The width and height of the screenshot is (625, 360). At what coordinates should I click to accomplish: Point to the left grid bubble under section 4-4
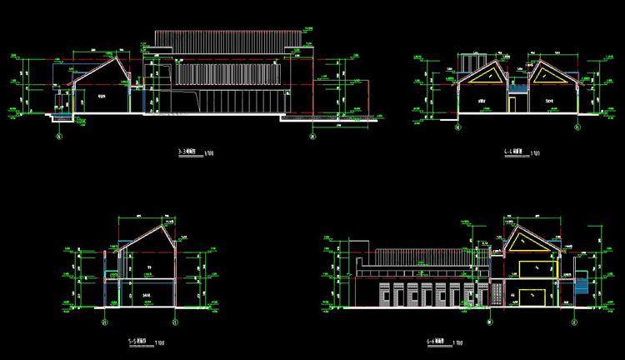(457, 128)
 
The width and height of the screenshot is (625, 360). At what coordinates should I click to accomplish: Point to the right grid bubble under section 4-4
(575, 128)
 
